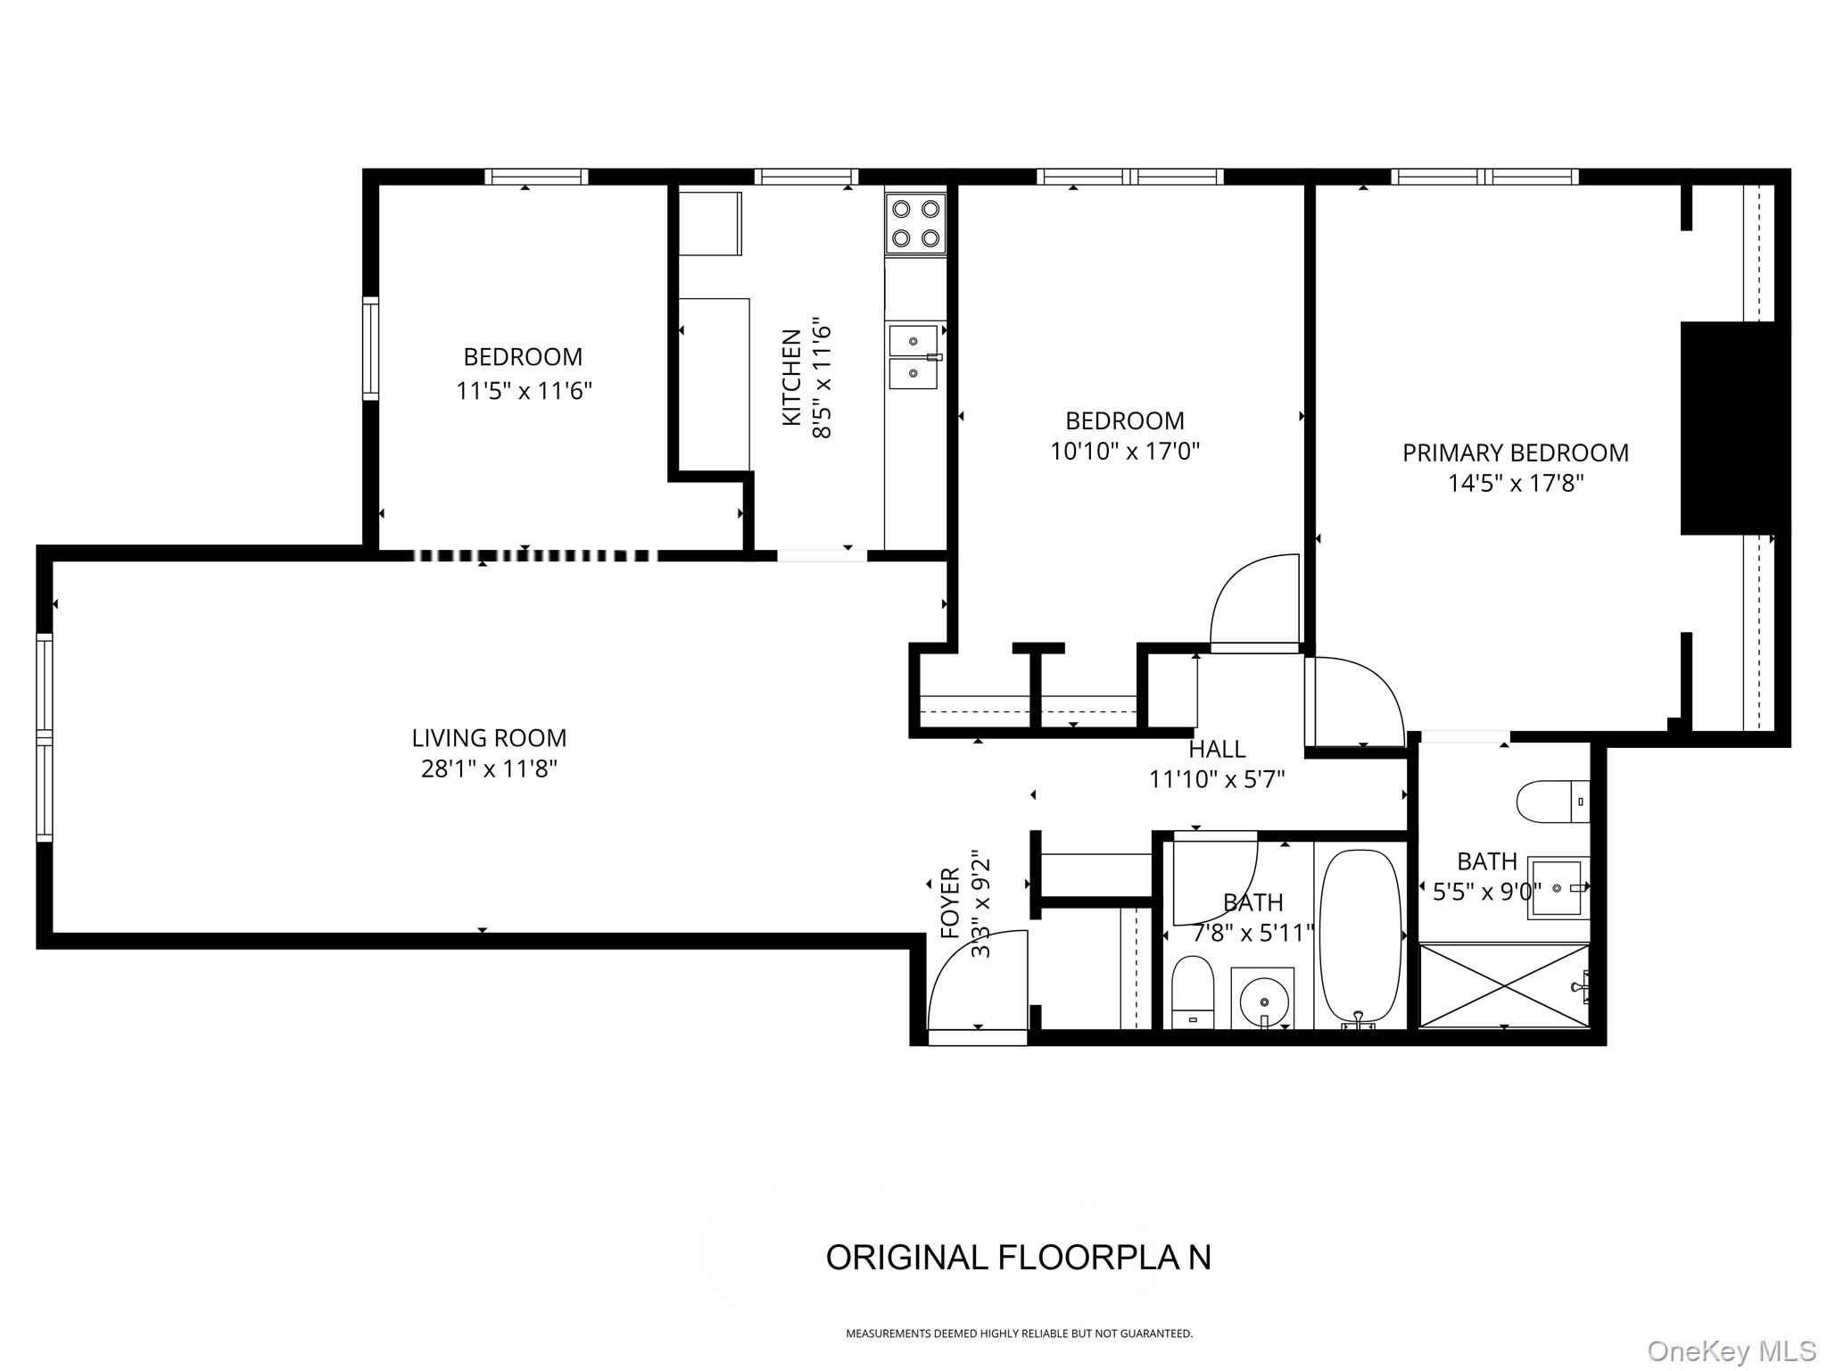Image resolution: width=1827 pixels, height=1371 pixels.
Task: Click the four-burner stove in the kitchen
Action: tap(916, 224)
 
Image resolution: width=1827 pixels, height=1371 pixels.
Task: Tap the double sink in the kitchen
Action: tap(913, 357)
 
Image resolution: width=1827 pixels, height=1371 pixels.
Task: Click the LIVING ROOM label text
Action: tap(489, 738)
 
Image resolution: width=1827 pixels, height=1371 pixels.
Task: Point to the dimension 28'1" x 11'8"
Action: tap(489, 769)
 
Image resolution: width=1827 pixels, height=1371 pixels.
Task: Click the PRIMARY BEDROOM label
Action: tap(1515, 453)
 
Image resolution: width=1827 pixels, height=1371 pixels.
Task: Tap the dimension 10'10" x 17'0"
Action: tap(1124, 452)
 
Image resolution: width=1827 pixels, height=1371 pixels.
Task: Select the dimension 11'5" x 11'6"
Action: tap(524, 391)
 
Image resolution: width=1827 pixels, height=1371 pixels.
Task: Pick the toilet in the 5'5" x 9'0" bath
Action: tap(1552, 801)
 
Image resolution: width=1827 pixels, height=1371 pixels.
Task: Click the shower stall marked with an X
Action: tap(1503, 985)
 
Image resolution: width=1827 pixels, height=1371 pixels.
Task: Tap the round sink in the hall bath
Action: tap(1262, 996)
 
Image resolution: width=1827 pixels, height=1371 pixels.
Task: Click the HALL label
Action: tap(1217, 749)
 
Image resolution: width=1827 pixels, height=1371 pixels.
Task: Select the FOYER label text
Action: tap(951, 902)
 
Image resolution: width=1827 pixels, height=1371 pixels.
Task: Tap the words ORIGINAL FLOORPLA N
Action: tap(1018, 1258)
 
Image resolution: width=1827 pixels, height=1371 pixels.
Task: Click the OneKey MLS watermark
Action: tap(1731, 1350)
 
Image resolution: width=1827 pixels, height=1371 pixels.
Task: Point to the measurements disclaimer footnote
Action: tap(1019, 1334)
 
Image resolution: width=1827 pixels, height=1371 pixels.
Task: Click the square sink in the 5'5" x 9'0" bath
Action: tap(1558, 888)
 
